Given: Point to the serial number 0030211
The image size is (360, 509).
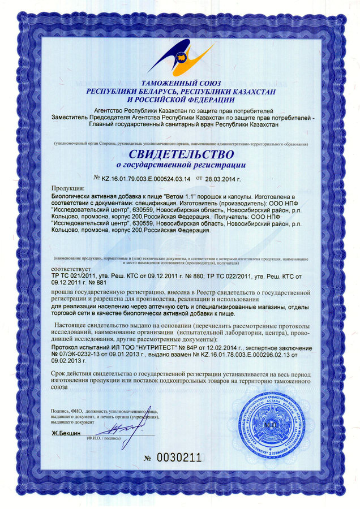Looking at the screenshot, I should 179,458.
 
